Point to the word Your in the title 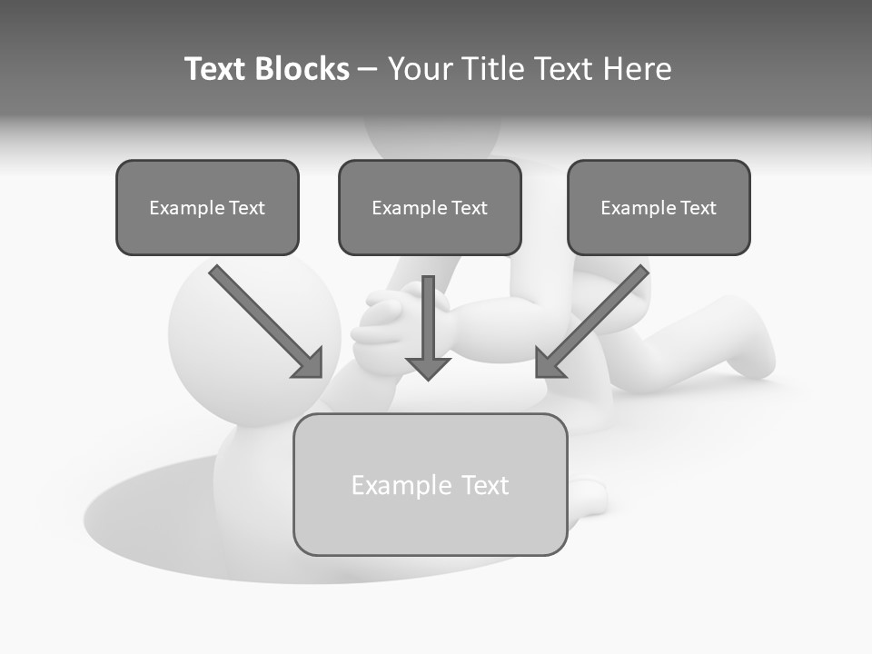[421, 69]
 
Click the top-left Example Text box [207, 207]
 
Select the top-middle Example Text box [430, 207]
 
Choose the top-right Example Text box [659, 207]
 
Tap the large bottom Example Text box [430, 484]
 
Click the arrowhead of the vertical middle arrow [428, 367]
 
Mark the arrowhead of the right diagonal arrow [548, 364]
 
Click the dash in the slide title [368, 69]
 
